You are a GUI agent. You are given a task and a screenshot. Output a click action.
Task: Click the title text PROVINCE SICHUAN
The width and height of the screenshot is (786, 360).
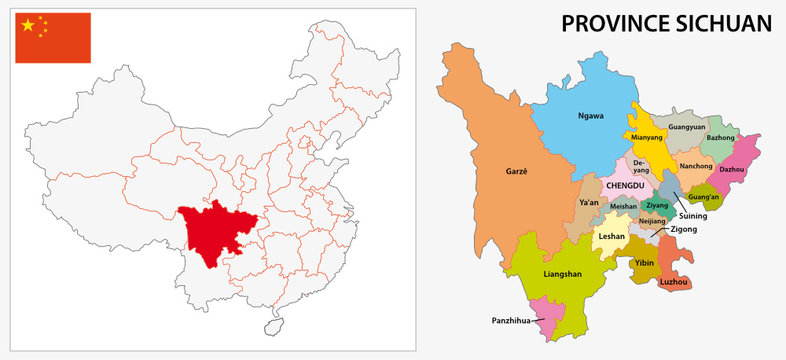666,23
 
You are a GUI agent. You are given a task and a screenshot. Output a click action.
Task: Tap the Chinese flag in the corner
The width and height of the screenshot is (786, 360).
52,38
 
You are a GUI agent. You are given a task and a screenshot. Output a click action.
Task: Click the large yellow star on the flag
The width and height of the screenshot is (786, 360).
28,25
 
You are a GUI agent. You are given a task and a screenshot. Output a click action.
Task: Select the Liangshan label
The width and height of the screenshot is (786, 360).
562,272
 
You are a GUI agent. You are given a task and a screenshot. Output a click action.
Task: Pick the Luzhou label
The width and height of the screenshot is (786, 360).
674,282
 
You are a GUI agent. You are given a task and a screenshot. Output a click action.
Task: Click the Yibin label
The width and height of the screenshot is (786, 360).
644,263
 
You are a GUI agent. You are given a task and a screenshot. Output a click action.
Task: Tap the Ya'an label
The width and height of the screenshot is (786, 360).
589,203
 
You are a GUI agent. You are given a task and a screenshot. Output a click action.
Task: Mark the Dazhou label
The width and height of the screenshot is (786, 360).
732,170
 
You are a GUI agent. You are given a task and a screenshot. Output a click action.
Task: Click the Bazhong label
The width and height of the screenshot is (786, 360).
720,137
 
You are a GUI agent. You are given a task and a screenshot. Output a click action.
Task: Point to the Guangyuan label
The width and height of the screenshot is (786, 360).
686,128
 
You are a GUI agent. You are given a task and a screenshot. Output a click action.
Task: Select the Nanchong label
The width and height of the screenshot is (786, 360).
695,166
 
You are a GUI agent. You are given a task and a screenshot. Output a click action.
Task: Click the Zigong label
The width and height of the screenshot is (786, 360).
684,229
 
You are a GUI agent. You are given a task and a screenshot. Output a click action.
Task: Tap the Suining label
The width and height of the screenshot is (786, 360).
693,215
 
